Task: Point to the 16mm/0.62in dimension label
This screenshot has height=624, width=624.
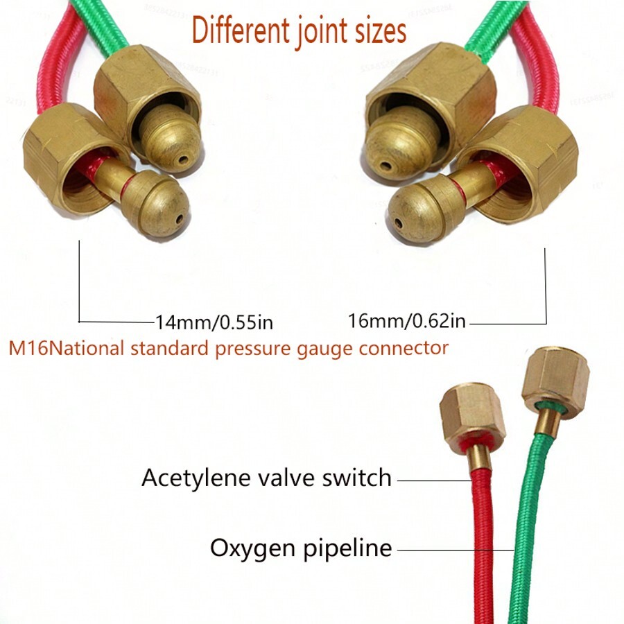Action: (x=407, y=321)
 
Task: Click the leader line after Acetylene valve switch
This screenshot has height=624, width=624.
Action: (x=433, y=478)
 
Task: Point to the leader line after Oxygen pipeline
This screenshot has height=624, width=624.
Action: (x=454, y=550)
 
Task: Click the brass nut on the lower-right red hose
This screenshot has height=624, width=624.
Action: (x=473, y=417)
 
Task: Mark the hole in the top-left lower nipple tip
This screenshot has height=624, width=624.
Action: (x=180, y=219)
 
